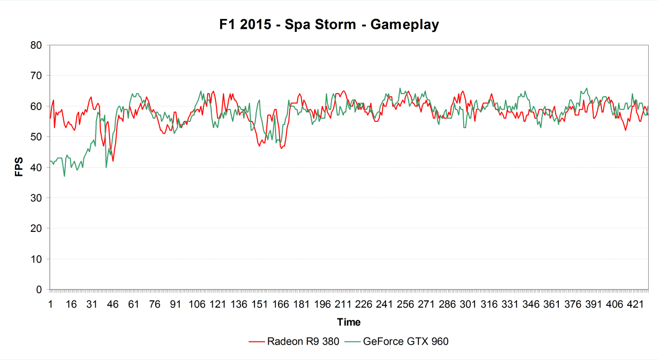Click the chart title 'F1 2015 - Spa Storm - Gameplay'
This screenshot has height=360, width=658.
[328, 24]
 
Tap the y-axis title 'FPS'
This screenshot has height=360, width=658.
[19, 167]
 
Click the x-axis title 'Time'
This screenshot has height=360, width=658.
[349, 322]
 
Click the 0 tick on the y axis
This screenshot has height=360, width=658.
[39, 290]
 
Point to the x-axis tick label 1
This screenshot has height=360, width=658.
[50, 304]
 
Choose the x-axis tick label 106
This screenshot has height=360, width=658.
[197, 304]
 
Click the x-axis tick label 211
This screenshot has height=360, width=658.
[343, 304]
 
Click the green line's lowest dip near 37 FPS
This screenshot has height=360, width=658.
[64, 176]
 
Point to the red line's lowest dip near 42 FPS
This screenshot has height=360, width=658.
[113, 161]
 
